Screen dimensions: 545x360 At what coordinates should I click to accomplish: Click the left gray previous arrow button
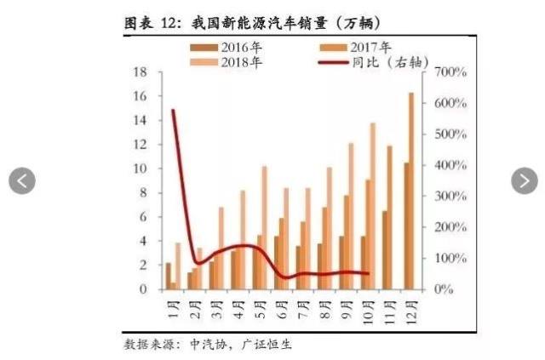(x=22, y=180)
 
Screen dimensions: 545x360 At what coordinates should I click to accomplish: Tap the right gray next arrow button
(x=525, y=180)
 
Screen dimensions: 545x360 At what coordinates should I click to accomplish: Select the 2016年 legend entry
(x=226, y=48)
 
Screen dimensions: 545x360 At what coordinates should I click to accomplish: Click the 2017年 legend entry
(x=355, y=48)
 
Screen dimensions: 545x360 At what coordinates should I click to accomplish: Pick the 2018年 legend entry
(x=226, y=62)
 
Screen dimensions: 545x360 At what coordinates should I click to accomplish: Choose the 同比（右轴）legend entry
(x=374, y=62)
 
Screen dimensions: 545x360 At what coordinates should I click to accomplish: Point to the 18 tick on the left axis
(x=141, y=72)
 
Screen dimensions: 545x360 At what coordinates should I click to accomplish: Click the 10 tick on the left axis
(x=141, y=169)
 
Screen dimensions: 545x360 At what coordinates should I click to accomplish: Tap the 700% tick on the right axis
(x=450, y=72)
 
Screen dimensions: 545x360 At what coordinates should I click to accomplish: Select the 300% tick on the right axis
(x=450, y=197)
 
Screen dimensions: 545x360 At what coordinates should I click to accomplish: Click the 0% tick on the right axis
(x=444, y=289)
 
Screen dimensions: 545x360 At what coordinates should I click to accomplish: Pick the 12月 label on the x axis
(x=410, y=311)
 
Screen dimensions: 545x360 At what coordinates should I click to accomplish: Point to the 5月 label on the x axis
(x=261, y=309)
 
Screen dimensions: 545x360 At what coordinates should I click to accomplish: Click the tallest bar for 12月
(x=411, y=191)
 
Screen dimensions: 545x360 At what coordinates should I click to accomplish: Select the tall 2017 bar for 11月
(x=390, y=218)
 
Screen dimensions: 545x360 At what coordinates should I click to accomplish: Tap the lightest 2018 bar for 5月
(x=264, y=227)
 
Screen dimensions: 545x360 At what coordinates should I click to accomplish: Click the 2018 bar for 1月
(x=178, y=266)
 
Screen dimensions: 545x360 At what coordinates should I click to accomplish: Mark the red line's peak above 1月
(x=173, y=111)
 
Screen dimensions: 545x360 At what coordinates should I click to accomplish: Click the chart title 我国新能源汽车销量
(x=260, y=24)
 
